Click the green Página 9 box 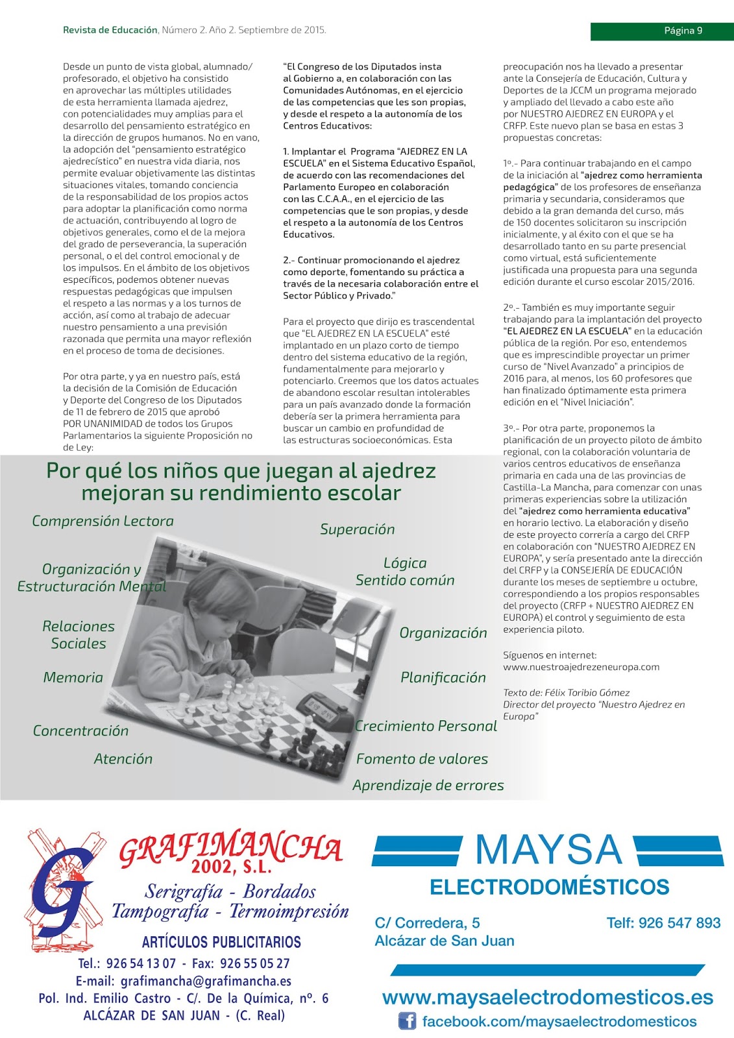[661, 30]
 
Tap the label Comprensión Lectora [103, 521]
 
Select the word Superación [357, 529]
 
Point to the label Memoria [73, 677]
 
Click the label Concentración [80, 730]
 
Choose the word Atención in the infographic [123, 758]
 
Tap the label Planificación [443, 677]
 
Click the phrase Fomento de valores [422, 758]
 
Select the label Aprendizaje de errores [428, 785]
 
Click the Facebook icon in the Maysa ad [407, 1021]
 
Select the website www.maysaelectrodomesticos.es [547, 997]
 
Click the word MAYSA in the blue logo [548, 850]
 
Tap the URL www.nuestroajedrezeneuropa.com [581, 667]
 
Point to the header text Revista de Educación [110, 30]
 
